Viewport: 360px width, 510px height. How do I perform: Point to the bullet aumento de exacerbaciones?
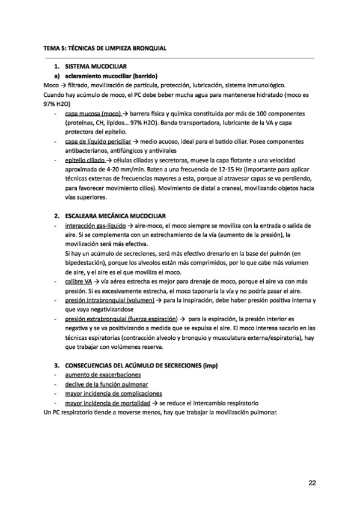tap(99, 375)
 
